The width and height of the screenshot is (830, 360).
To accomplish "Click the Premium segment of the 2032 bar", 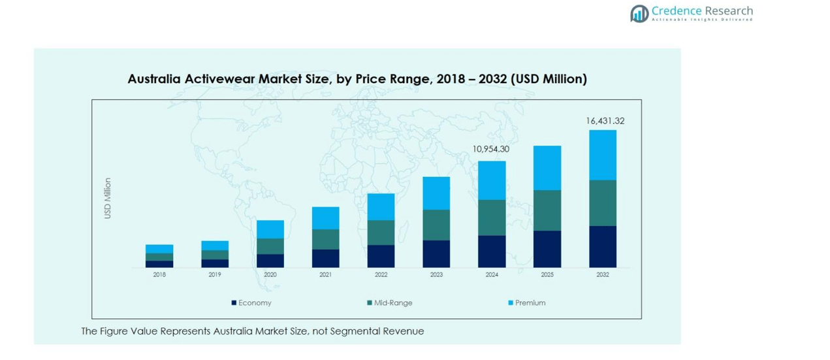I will [x=602, y=155].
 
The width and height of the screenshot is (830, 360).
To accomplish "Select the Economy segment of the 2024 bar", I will [x=492, y=252].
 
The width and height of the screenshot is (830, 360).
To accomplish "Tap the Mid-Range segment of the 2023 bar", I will [x=436, y=225].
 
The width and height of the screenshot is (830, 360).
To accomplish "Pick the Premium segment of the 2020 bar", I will [x=270, y=229].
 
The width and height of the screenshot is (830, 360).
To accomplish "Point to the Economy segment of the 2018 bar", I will [x=159, y=264].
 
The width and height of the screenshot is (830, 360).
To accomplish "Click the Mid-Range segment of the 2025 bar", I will [x=547, y=210].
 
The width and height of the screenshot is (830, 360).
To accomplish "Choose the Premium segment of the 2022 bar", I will [x=381, y=206].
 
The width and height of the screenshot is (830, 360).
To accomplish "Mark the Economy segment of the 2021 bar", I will [x=325, y=258].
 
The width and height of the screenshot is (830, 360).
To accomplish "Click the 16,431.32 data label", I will [x=605, y=121].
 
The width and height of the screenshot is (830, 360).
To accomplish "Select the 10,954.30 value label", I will [x=491, y=150].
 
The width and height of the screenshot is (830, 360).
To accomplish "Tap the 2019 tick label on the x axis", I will [x=215, y=275].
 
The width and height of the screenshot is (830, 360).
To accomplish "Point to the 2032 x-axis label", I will [x=602, y=275].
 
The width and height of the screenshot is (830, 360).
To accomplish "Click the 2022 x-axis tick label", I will [x=381, y=275].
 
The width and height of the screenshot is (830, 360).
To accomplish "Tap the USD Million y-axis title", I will [x=108, y=198].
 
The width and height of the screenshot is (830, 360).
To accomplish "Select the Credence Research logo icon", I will [x=639, y=13].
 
